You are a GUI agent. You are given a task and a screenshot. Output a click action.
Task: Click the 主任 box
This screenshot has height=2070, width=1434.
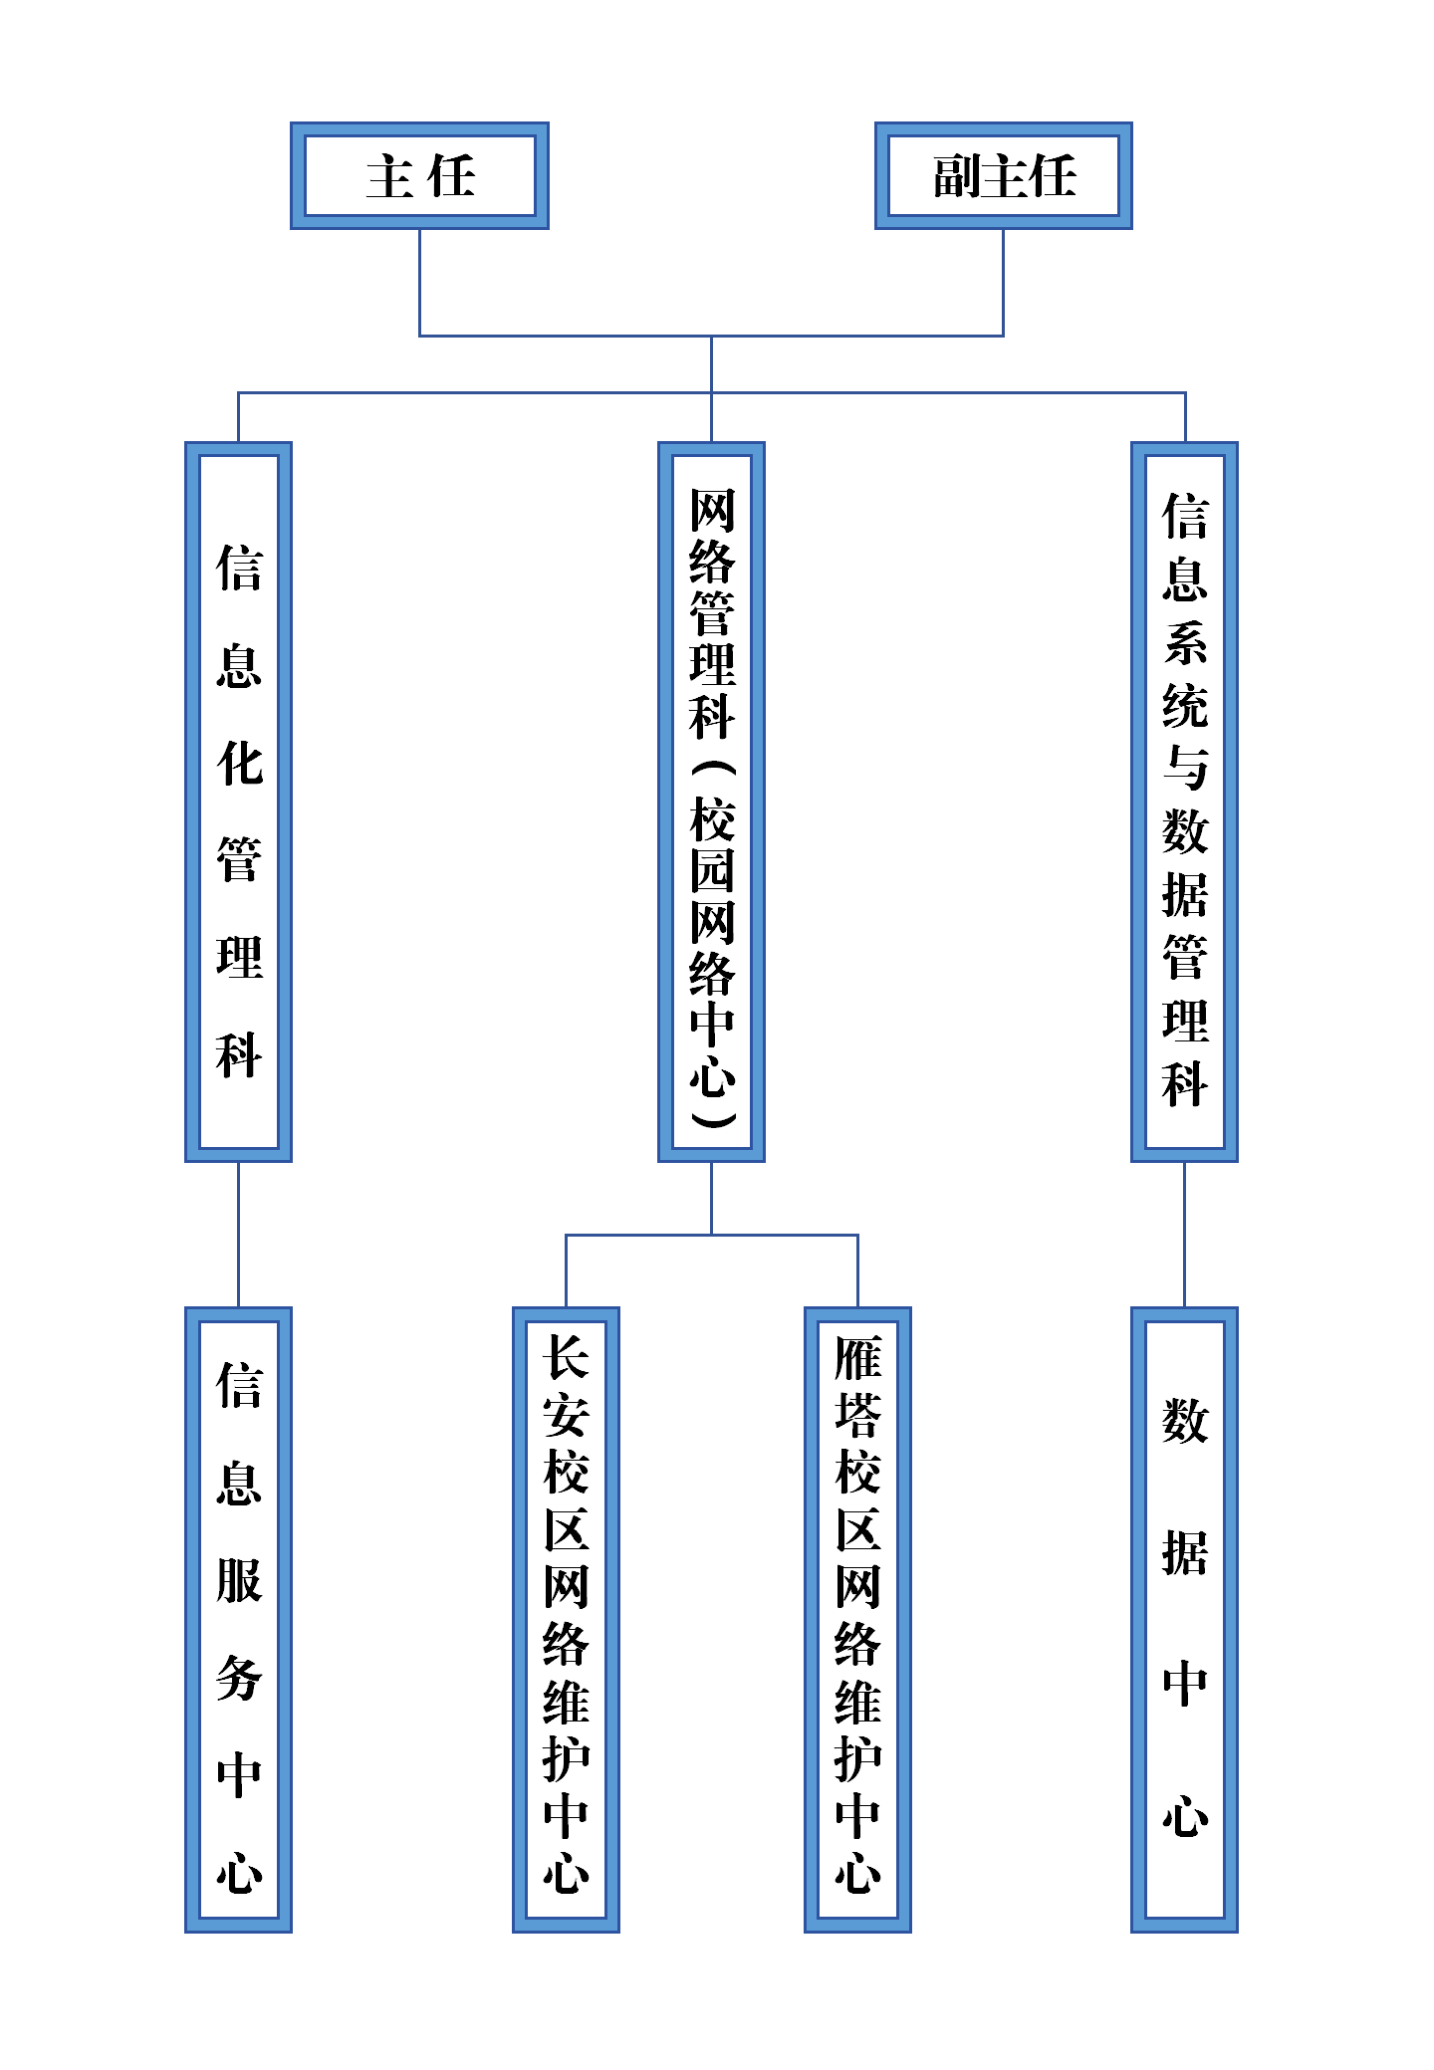[x=419, y=176]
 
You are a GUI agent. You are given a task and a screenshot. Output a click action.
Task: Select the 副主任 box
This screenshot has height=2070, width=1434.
[x=1004, y=176]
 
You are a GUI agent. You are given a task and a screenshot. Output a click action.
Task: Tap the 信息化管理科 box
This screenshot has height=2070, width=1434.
[x=238, y=802]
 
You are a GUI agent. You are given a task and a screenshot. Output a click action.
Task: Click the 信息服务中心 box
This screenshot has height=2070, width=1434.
[x=238, y=1620]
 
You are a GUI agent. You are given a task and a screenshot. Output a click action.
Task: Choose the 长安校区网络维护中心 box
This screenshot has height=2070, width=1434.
[x=566, y=1620]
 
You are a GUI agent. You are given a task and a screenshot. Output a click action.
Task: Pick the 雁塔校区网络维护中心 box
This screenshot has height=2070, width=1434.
[x=857, y=1620]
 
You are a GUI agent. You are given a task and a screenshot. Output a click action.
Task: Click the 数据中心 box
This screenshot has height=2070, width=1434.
[x=1184, y=1620]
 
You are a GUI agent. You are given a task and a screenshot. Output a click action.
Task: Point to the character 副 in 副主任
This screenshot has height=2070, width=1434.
[x=957, y=176]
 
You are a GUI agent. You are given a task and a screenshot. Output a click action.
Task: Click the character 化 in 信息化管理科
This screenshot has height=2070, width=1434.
[x=239, y=764]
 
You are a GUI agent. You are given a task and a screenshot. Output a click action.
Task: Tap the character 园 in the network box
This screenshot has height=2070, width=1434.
[x=712, y=870]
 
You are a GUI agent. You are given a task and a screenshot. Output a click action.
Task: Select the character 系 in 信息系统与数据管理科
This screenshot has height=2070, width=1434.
[x=1185, y=642]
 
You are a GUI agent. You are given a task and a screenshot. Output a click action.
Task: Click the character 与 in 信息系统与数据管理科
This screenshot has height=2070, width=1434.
[x=1185, y=767]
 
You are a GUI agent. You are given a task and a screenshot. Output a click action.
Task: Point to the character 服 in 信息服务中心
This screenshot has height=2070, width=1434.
[x=239, y=1580]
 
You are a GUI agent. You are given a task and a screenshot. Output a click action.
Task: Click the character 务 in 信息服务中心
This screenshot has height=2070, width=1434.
[x=239, y=1678]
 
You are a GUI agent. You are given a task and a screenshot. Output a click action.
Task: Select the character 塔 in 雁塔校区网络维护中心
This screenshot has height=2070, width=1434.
[x=857, y=1415]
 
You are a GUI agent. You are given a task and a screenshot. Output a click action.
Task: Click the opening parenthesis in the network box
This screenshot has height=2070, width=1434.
[x=712, y=769]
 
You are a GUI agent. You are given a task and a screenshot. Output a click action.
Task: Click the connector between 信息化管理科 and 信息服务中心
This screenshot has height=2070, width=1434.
[x=238, y=1235]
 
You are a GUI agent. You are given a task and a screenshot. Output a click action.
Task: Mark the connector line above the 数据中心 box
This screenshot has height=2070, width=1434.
[x=1184, y=1235]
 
